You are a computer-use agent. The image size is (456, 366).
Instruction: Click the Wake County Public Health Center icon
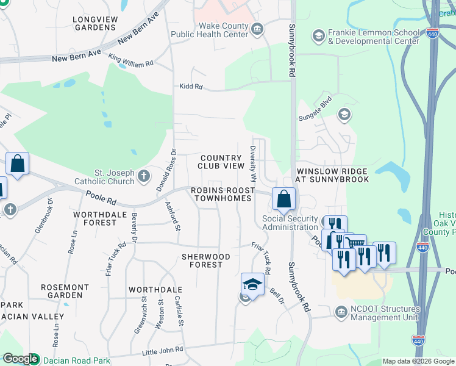click(x=257, y=28)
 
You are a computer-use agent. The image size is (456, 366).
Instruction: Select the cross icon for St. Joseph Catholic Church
click(x=143, y=177)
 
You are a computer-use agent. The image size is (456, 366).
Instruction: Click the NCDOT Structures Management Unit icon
click(x=341, y=314)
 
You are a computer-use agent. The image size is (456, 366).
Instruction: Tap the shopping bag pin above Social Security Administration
click(x=284, y=198)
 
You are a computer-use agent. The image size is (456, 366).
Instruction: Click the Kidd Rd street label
click(x=190, y=87)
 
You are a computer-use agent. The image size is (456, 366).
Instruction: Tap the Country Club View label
click(x=221, y=162)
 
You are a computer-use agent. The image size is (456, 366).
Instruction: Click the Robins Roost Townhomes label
click(x=221, y=195)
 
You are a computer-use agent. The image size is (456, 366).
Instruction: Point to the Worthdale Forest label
click(x=94, y=219)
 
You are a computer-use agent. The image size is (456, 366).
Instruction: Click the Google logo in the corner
click(x=20, y=359)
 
